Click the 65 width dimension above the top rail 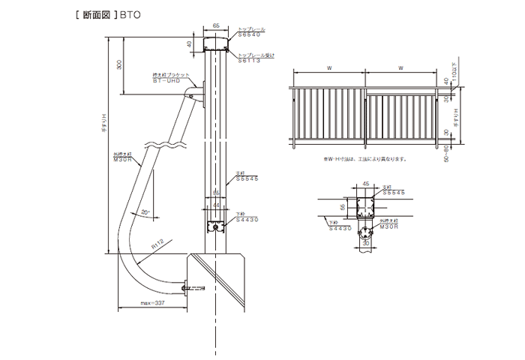coord(216,25)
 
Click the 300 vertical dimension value coord(119,66)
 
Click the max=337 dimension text coord(152,303)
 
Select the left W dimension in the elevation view coord(331,69)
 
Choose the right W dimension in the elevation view coord(401,69)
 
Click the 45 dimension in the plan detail coord(365,182)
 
